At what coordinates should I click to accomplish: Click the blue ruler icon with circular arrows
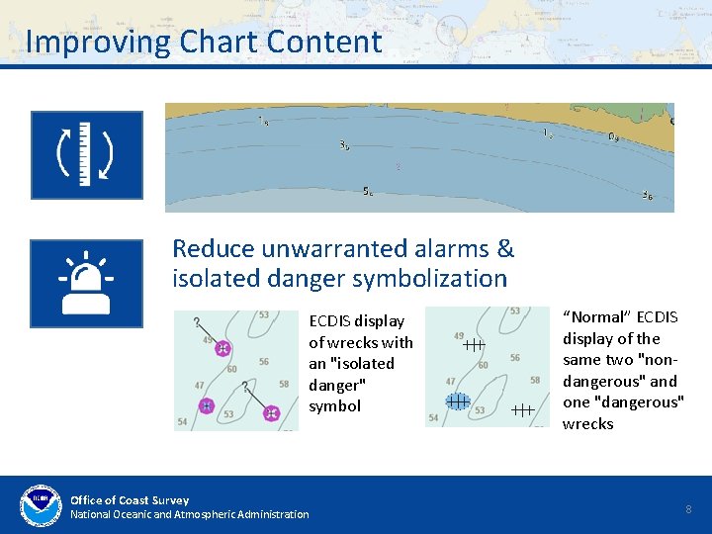click(86, 154)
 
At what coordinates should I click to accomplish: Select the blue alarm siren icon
click(86, 283)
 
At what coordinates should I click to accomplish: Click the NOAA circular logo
click(41, 505)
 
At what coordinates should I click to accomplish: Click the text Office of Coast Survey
click(130, 500)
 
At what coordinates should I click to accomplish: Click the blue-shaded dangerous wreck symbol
click(457, 400)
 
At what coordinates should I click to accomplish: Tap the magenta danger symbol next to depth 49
click(222, 349)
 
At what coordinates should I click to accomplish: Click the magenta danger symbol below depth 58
click(272, 413)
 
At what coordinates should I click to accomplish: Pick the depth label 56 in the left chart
click(263, 362)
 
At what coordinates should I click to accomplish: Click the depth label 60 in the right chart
click(483, 366)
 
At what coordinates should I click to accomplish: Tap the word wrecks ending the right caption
click(588, 424)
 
